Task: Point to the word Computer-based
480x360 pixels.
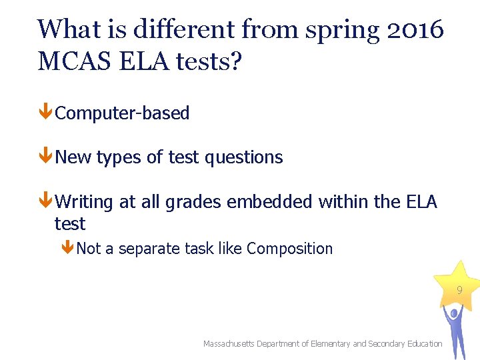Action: coord(122,113)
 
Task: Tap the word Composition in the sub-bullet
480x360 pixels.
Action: coord(289,249)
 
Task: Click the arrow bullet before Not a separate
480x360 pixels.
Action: coord(67,248)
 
